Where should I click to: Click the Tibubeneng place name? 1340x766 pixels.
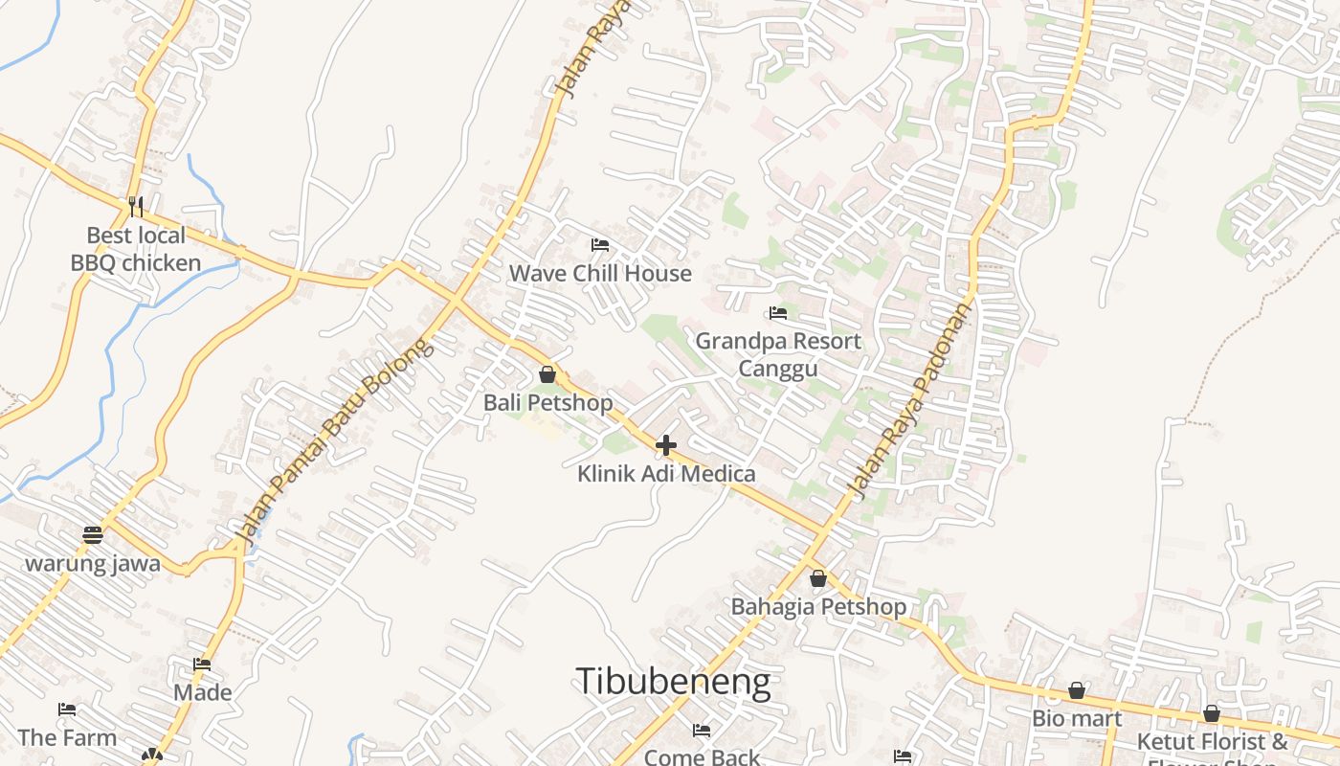click(673, 681)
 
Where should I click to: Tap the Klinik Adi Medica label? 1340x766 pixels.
click(666, 474)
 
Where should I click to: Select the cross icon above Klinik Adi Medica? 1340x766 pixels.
click(666, 445)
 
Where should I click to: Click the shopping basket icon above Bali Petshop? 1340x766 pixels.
click(547, 374)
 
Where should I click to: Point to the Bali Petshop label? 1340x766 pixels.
click(547, 403)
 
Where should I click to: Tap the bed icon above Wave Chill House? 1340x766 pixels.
click(600, 245)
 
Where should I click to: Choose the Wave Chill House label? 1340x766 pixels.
click(600, 274)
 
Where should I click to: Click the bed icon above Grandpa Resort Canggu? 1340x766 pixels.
click(778, 313)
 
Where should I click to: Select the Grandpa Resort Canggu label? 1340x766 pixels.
click(778, 354)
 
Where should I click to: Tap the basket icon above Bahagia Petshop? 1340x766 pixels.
click(818, 578)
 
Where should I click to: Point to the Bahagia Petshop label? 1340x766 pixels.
click(818, 607)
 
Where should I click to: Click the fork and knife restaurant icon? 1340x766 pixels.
click(136, 206)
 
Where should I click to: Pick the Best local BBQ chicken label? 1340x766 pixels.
click(136, 249)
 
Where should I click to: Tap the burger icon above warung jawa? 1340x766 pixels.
click(93, 534)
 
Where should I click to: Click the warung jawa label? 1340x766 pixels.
click(93, 563)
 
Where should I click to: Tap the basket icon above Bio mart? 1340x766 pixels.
click(1077, 690)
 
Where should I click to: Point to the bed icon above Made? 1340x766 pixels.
click(202, 664)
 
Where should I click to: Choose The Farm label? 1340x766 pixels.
click(67, 738)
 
